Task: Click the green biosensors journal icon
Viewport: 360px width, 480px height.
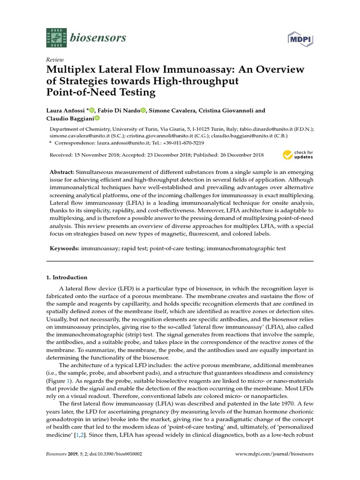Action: point(55,37)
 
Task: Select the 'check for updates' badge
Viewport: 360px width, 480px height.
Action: point(298,155)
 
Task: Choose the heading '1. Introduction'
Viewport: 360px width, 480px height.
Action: point(67,277)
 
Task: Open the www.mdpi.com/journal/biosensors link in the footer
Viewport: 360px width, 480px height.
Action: point(274,454)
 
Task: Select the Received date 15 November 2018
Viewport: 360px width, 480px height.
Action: point(96,155)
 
